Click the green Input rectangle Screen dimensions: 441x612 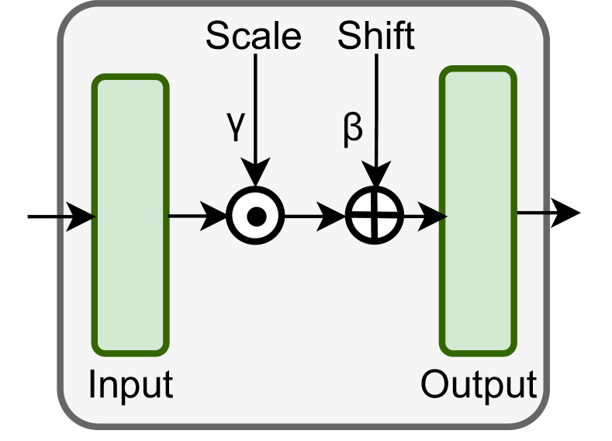(x=130, y=215)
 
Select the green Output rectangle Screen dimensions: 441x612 (x=478, y=211)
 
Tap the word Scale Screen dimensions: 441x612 (x=253, y=36)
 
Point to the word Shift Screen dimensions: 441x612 (x=376, y=36)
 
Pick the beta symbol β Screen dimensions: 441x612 (x=353, y=128)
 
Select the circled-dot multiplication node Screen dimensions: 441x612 (x=255, y=215)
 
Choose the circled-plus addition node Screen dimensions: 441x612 (x=374, y=215)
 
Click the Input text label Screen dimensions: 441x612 (x=130, y=385)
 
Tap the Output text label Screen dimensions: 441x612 (x=478, y=385)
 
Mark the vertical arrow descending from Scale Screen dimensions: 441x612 (x=255, y=116)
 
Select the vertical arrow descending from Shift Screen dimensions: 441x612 (x=376, y=116)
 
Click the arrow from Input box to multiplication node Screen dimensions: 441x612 (x=197, y=215)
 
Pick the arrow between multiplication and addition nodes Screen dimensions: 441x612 (x=314, y=215)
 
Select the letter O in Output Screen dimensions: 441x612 (x=434, y=385)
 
